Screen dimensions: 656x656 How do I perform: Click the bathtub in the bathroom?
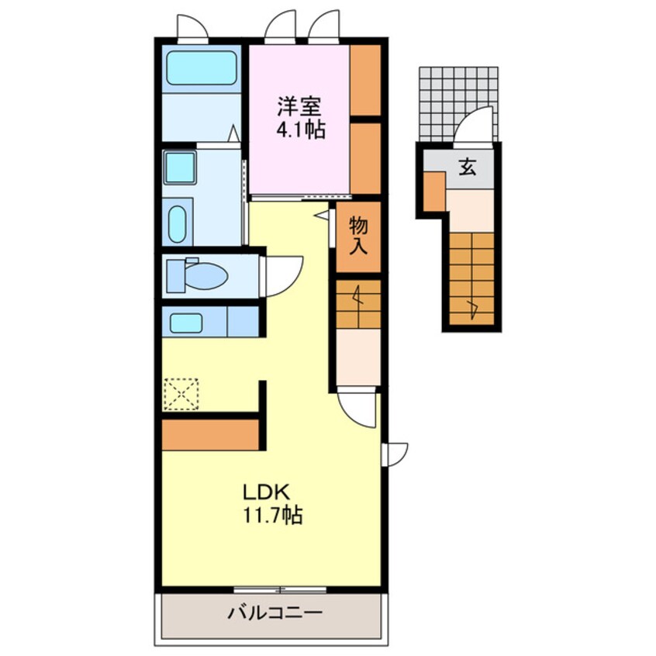(x=202, y=67)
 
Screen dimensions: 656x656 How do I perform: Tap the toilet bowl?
(x=205, y=276)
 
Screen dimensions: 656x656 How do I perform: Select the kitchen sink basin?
(x=186, y=323)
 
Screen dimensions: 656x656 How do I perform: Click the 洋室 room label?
(x=299, y=106)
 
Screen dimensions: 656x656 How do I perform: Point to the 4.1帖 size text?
(x=300, y=129)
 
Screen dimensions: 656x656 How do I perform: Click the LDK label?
(x=267, y=492)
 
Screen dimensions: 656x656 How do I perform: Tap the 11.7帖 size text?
(x=273, y=515)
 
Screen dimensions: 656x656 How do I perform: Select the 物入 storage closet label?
(x=358, y=236)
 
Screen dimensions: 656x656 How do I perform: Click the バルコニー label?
(x=274, y=613)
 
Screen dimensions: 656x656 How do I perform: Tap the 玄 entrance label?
(x=468, y=167)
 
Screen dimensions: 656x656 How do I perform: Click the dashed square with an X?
(x=181, y=394)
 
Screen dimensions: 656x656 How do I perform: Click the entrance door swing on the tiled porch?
(x=473, y=125)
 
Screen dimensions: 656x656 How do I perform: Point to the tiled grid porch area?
(x=458, y=105)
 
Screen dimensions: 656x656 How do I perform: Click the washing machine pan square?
(x=179, y=167)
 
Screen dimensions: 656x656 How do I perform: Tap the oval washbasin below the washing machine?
(x=178, y=224)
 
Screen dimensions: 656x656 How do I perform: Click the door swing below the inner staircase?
(x=357, y=408)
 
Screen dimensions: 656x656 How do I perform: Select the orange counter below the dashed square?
(x=210, y=435)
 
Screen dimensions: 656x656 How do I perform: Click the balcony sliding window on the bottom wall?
(x=279, y=590)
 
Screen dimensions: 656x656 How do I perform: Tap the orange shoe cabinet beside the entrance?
(x=434, y=192)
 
